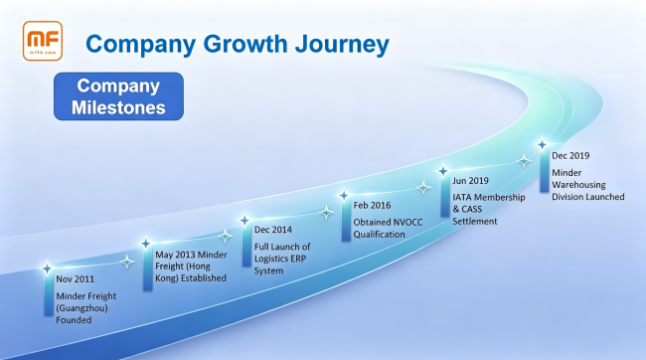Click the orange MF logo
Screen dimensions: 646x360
pyautogui.click(x=43, y=41)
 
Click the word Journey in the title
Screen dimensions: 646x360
pyautogui.click(x=342, y=45)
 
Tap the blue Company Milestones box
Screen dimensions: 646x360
pyautogui.click(x=118, y=96)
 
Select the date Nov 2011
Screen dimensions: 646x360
pyautogui.click(x=75, y=279)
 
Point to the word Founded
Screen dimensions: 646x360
pyautogui.click(x=74, y=320)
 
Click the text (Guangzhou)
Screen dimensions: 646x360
pyautogui.click(x=81, y=308)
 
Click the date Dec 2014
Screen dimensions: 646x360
pyautogui.click(x=272, y=230)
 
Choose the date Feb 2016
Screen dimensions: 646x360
pyautogui.click(x=372, y=206)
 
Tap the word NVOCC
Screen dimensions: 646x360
pyautogui.click(x=407, y=223)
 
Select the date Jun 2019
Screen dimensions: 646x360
pyautogui.click(x=470, y=181)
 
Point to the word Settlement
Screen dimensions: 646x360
pyautogui.click(x=475, y=222)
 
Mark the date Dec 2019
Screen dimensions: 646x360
pyautogui.click(x=570, y=156)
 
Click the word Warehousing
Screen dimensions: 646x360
pyautogui.click(x=578, y=185)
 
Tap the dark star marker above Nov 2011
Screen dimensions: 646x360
pyautogui.click(x=48, y=269)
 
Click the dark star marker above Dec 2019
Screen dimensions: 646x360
pyautogui.click(x=543, y=144)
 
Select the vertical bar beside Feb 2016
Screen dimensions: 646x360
pyautogui.click(x=346, y=220)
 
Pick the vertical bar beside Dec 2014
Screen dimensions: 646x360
pyautogui.click(x=246, y=245)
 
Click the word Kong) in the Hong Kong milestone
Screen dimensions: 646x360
pyautogui.click(x=166, y=278)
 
